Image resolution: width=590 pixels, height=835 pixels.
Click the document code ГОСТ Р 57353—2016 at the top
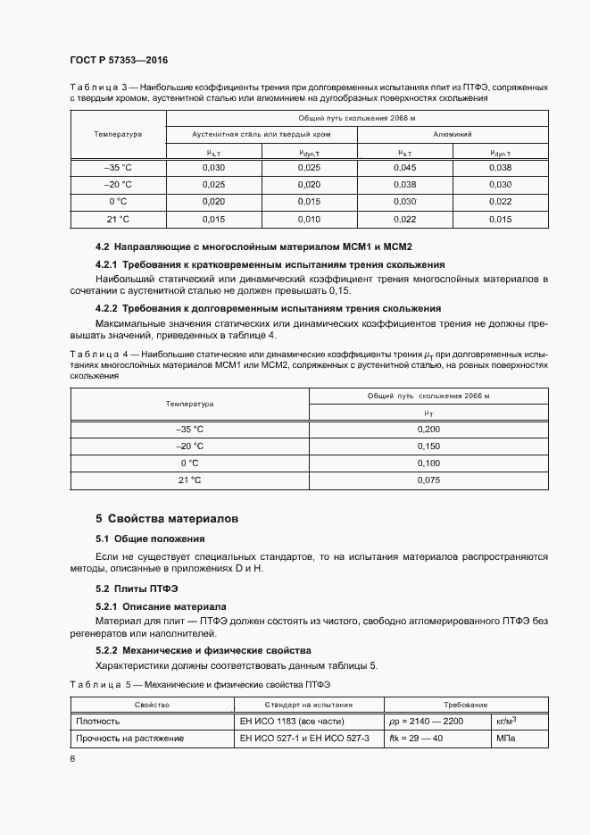[119, 60]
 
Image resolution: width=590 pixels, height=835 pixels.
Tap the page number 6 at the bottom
[72, 758]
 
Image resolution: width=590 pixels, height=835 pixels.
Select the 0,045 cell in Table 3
[404, 168]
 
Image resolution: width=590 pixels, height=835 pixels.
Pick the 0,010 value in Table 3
[309, 219]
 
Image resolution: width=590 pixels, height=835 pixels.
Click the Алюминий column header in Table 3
[453, 134]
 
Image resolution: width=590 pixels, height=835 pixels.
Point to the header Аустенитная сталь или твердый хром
[262, 134]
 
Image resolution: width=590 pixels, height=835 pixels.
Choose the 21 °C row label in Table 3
[118, 219]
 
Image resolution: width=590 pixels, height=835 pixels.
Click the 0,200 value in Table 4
[428, 430]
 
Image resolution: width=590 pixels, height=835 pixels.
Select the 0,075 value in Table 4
[428, 480]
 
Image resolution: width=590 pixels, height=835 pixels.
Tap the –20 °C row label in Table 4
[189, 447]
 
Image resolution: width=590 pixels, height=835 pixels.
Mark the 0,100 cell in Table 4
[428, 463]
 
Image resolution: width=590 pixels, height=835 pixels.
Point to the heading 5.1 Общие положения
[150, 539]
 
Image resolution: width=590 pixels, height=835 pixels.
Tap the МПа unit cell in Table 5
[507, 739]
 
